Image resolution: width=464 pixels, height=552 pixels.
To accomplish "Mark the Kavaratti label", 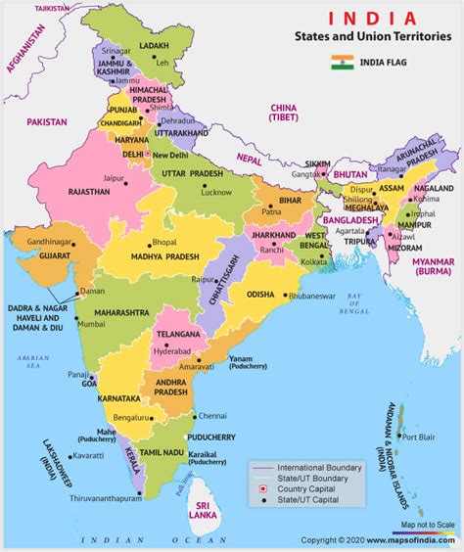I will (x=86, y=455).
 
